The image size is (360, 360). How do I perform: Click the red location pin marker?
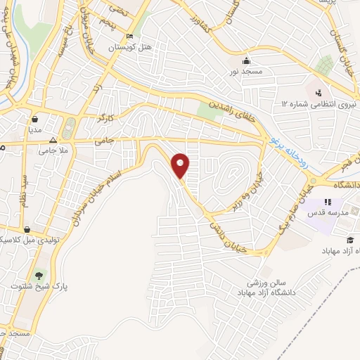(x=181, y=167)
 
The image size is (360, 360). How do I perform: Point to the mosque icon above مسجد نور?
(x=245, y=60)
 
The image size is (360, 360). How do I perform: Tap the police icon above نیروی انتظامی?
(x=318, y=92)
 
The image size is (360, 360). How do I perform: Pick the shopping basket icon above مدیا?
(x=35, y=120)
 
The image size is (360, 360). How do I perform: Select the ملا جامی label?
(x=53, y=150)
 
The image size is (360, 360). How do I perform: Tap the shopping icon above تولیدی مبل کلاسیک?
(x=26, y=229)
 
